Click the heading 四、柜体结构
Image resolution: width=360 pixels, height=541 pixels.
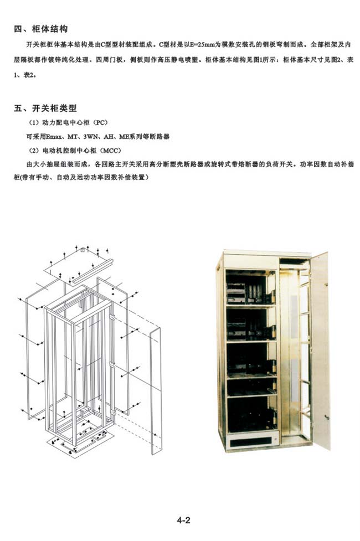(x=41, y=29)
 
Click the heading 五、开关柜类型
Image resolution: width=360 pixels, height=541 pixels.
(x=45, y=109)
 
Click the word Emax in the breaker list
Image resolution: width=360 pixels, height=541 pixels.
(x=54, y=137)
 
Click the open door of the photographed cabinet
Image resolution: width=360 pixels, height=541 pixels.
(x=321, y=350)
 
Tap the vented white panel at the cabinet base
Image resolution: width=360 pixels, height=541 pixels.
(x=253, y=441)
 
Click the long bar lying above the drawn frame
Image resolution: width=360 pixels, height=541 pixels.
(x=92, y=271)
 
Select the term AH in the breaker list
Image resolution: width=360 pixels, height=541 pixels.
(x=109, y=137)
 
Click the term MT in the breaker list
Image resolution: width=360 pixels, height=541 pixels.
(x=73, y=137)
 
